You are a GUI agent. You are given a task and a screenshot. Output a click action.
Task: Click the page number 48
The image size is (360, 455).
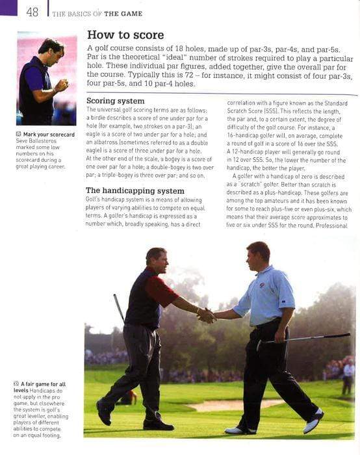[x=32, y=11]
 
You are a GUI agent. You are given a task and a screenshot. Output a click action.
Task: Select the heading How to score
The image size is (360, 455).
[x=125, y=34]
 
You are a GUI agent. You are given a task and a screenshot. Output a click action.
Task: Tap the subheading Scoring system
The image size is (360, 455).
[x=115, y=101]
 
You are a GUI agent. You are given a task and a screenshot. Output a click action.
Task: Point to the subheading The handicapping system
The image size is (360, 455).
[x=135, y=190]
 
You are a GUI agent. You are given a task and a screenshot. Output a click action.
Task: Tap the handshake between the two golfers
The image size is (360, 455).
[x=206, y=315]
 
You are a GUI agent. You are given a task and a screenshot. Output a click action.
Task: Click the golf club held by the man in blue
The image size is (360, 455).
[x=305, y=338]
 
